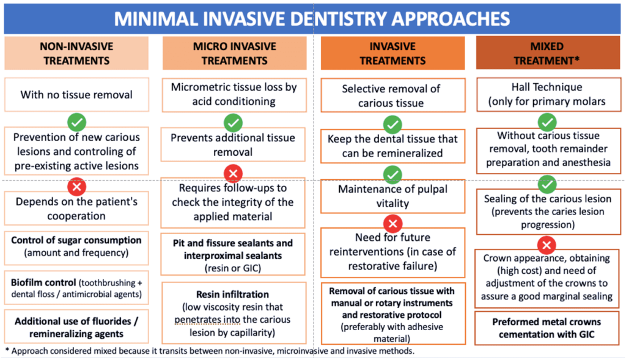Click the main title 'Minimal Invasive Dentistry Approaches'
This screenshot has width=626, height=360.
[312, 19]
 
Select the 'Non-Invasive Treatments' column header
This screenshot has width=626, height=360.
[76, 53]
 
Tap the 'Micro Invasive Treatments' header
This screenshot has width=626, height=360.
[234, 53]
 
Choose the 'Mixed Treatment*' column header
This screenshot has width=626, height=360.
[547, 53]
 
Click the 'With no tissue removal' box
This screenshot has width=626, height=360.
[76, 95]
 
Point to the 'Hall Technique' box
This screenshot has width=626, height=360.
[548, 95]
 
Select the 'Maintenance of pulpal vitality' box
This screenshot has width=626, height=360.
[392, 196]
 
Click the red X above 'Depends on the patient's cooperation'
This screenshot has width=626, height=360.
[76, 186]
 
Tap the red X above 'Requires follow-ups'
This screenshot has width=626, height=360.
[233, 174]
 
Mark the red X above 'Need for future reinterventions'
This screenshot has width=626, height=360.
[393, 224]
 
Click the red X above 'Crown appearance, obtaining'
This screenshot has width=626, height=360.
[547, 244]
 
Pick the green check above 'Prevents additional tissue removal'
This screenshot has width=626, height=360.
[233, 122]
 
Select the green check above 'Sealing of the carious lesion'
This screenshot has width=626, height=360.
[547, 184]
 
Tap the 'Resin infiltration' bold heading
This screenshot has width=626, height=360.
[232, 294]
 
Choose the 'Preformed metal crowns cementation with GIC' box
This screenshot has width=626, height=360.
[547, 328]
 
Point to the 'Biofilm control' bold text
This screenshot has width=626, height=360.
[43, 282]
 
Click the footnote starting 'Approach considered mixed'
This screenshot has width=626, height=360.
[210, 351]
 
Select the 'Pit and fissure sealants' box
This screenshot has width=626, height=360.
[233, 255]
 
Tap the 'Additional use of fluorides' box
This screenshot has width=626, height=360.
[76, 327]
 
